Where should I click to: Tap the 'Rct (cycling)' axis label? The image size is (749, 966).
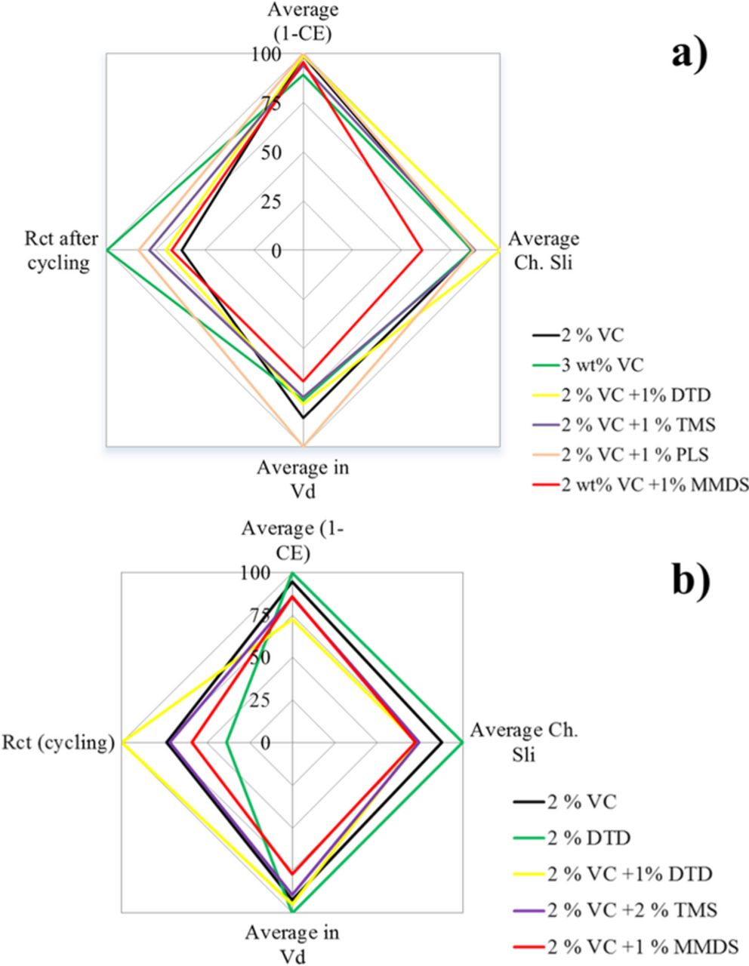(x=58, y=743)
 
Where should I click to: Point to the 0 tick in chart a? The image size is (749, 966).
(x=276, y=250)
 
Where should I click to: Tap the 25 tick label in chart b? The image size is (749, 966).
(x=260, y=700)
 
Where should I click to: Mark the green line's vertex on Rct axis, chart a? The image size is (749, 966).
(x=107, y=249)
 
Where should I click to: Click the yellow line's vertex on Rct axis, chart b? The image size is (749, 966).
(x=122, y=743)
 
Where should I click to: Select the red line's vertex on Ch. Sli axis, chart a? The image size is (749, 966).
(x=421, y=249)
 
